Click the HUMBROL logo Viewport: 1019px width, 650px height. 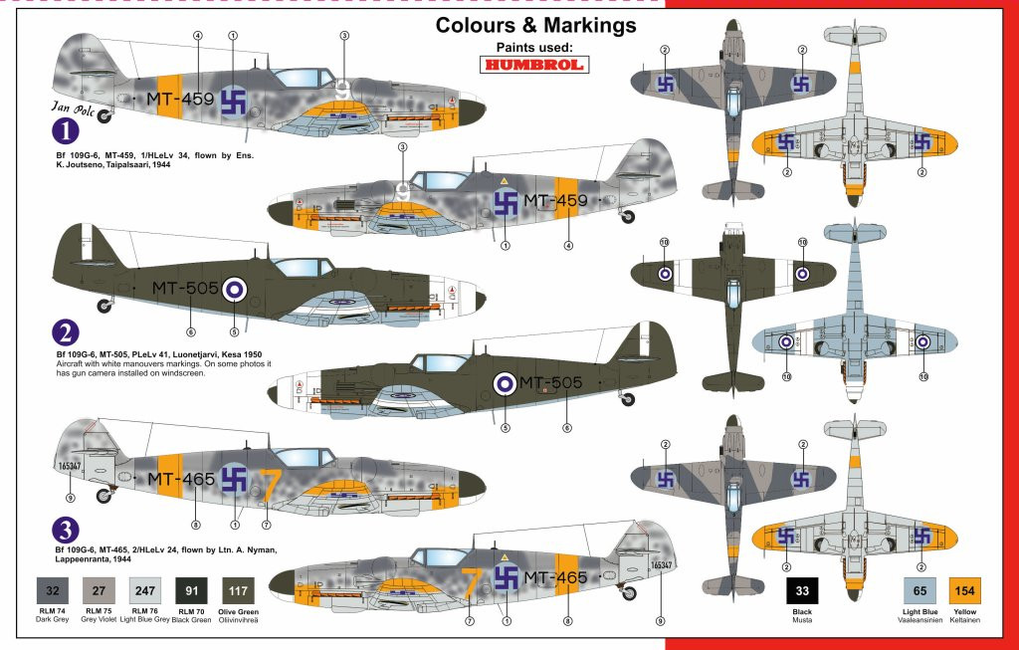534,65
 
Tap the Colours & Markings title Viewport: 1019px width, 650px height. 535,25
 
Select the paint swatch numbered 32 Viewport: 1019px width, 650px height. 53,591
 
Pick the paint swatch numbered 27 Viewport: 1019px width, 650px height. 99,591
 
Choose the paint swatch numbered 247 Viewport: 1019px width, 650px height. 145,591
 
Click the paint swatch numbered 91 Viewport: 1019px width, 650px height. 191,591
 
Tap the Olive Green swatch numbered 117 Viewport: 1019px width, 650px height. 238,591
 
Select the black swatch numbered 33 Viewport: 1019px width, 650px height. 802,591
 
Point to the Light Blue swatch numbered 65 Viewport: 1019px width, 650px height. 919,591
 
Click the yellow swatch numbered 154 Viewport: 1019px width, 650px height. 965,591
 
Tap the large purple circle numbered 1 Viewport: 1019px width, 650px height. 65,131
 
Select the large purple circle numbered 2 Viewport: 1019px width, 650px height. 65,332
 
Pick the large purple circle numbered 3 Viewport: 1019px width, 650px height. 65,531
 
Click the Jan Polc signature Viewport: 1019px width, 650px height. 74,108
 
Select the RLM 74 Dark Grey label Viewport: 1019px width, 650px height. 53,615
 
